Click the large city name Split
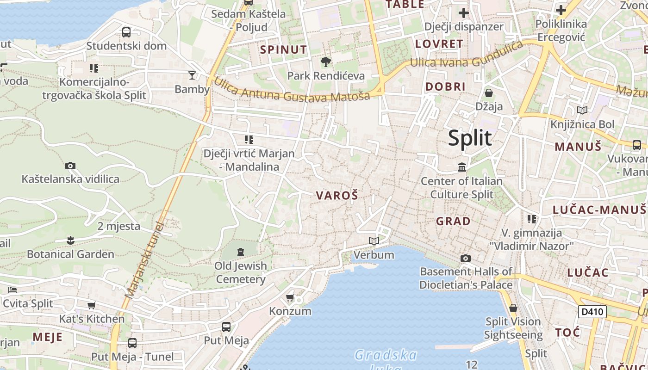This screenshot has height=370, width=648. click(x=469, y=138)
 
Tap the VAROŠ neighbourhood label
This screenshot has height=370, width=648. click(x=337, y=196)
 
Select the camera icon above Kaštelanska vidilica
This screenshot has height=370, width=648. click(x=70, y=166)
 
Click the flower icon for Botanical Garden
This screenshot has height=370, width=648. click(x=70, y=240)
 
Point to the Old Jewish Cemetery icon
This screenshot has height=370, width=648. click(x=241, y=252)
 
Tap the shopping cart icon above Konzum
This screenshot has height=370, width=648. click(x=290, y=297)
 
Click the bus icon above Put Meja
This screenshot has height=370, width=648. click(x=226, y=327)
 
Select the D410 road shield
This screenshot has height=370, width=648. click(x=592, y=312)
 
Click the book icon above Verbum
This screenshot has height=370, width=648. click(x=374, y=241)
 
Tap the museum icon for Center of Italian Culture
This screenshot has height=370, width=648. click(x=462, y=167)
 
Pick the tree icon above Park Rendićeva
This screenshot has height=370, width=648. click(x=326, y=62)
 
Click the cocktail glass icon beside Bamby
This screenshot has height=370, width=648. click(x=192, y=75)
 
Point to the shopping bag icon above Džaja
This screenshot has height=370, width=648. click(x=489, y=93)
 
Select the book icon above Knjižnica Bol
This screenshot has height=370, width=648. click(x=582, y=110)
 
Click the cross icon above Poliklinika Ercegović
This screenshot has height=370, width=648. click(x=561, y=10)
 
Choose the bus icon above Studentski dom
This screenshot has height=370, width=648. click(x=126, y=32)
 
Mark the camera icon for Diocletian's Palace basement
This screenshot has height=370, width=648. click(x=466, y=258)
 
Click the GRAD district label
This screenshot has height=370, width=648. click(x=453, y=221)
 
